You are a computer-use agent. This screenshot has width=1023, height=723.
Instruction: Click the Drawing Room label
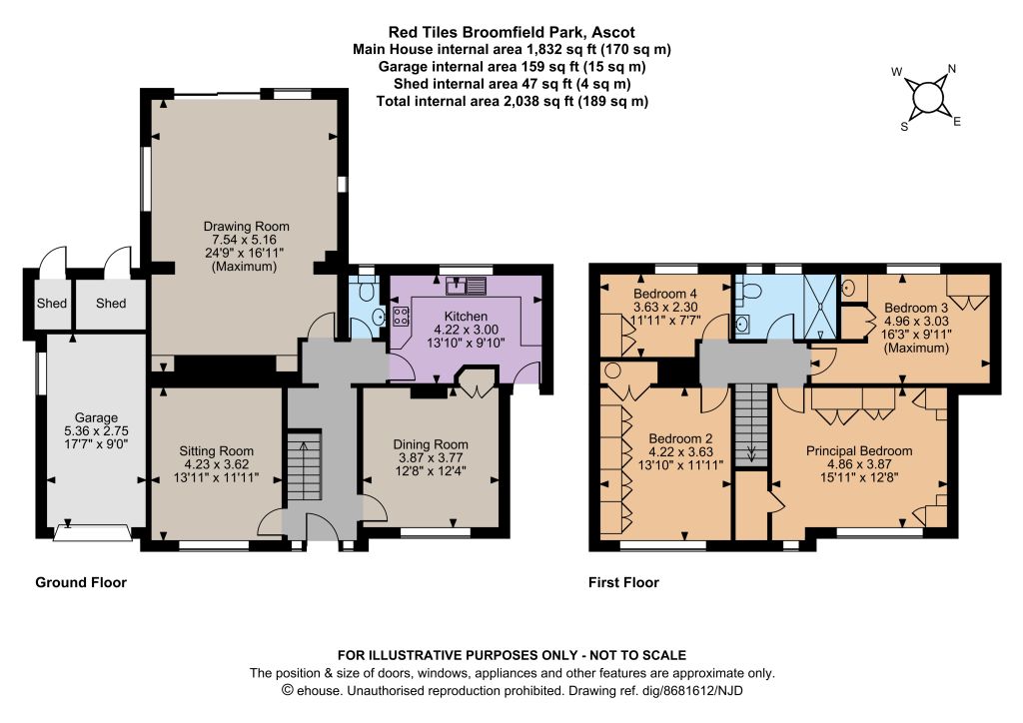(x=246, y=227)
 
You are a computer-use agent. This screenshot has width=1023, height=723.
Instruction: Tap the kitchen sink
(x=467, y=285)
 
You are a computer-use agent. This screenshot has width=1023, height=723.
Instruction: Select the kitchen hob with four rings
(x=401, y=317)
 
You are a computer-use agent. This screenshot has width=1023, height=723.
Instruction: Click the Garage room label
(x=96, y=417)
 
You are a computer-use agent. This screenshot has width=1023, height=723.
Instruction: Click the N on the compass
(x=951, y=69)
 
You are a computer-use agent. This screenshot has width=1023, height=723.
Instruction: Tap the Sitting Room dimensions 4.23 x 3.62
(x=216, y=464)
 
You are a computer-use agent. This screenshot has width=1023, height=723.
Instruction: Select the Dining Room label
(x=431, y=444)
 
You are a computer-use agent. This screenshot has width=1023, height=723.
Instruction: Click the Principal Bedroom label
(x=859, y=450)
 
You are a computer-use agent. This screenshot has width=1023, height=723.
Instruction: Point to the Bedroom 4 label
(x=660, y=294)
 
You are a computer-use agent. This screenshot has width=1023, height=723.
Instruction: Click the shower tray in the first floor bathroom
(x=819, y=307)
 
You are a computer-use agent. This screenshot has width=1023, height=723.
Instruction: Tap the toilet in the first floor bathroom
(x=748, y=291)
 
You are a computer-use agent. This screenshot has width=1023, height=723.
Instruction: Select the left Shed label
(x=52, y=304)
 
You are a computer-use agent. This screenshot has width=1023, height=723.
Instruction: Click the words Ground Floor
(x=81, y=582)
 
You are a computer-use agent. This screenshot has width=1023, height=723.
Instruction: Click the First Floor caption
(x=623, y=582)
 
